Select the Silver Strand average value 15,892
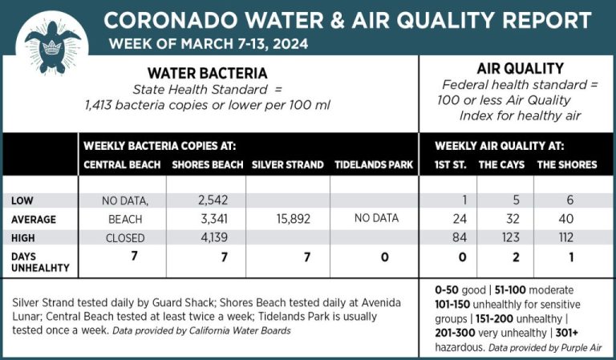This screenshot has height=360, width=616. click(x=286, y=218)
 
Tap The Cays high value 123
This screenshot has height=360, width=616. click(x=505, y=237)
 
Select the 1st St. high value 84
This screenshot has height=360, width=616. click(x=460, y=237)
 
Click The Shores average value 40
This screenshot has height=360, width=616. click(x=565, y=218)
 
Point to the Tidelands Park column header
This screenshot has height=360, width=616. click(x=373, y=165)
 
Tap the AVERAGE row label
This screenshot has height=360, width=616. click(x=34, y=218)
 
